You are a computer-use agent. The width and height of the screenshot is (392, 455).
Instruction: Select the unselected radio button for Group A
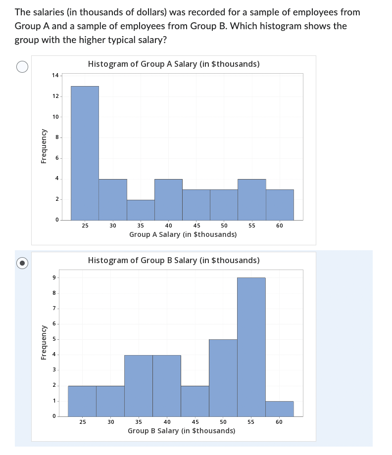(22, 66)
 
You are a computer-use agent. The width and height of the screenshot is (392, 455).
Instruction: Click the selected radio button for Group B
(22, 263)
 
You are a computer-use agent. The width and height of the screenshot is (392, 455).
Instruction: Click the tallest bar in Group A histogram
(85, 153)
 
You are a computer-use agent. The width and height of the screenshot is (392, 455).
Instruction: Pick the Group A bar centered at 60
(280, 205)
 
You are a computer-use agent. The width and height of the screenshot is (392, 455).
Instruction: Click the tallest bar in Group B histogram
(251, 347)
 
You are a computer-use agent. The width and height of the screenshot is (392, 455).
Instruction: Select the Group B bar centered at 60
(280, 409)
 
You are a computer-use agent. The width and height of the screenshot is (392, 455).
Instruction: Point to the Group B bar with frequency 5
(223, 377)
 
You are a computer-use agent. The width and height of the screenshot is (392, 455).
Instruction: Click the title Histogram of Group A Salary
(173, 64)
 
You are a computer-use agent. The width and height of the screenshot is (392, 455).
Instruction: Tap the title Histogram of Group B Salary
(173, 260)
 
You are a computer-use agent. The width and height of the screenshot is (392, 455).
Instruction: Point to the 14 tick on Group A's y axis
(55, 75)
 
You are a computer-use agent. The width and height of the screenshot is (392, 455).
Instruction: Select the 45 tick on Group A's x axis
(196, 226)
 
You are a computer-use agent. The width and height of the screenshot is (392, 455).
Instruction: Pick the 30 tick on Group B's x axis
(110, 422)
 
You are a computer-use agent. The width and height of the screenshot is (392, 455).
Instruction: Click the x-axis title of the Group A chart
(183, 234)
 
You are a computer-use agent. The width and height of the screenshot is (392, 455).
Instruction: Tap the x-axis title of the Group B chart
(181, 431)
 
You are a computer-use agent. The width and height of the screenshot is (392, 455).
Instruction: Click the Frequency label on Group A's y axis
(44, 146)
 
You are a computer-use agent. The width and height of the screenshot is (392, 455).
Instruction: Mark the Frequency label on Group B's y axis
(44, 342)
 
